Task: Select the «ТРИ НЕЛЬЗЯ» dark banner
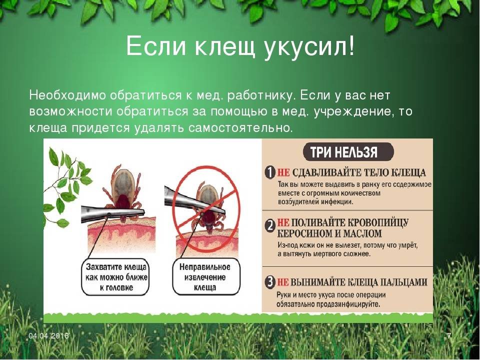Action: [348, 152]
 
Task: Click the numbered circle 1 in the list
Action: [270, 172]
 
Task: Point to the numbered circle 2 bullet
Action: [270, 227]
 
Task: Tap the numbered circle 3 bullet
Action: [270, 282]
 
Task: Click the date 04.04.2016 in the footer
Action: [49, 336]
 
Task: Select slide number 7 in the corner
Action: [449, 336]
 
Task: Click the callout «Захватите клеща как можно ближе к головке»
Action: [115, 277]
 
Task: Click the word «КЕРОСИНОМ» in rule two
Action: [304, 234]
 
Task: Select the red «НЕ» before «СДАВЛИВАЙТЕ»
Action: [283, 172]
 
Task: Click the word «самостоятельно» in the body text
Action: [239, 127]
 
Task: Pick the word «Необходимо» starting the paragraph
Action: [67, 95]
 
